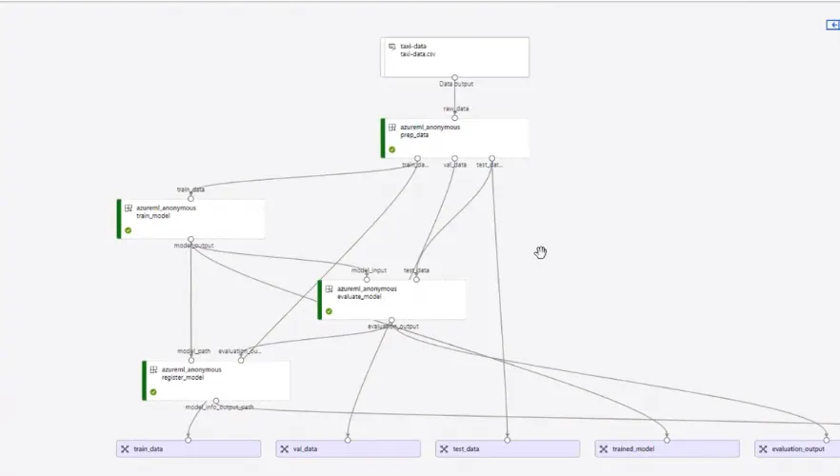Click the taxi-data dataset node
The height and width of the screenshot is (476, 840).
(455, 57)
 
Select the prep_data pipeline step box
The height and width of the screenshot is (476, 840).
(455, 138)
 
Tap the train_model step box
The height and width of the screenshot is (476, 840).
(190, 219)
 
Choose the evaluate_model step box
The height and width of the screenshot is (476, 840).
(392, 300)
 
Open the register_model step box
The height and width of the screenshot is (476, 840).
(216, 380)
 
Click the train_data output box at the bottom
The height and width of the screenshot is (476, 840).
(189, 448)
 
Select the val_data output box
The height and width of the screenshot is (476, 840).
(349, 448)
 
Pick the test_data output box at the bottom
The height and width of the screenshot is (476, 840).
(508, 448)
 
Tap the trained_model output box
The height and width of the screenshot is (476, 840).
(668, 448)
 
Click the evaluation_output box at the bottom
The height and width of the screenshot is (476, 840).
(797, 448)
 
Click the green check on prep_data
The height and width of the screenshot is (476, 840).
(391, 149)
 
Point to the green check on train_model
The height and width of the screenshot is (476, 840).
(128, 230)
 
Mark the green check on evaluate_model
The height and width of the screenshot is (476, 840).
(329, 311)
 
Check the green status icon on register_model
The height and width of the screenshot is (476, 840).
(153, 391)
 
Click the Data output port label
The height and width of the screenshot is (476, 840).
(455, 84)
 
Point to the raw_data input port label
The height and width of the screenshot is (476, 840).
(455, 109)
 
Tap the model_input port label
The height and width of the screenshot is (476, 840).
(369, 270)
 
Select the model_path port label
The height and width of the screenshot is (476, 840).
(192, 351)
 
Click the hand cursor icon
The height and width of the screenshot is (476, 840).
(541, 252)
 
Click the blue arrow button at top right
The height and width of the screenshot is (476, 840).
(832, 25)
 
